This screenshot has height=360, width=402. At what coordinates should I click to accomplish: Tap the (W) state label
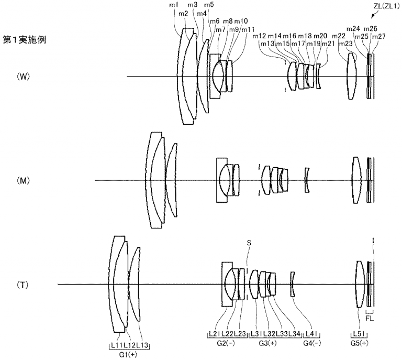click(24, 77)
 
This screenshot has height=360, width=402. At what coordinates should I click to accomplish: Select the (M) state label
click(24, 181)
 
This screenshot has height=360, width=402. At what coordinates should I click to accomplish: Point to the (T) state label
click(23, 285)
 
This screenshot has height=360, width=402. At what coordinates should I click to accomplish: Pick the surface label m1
click(173, 5)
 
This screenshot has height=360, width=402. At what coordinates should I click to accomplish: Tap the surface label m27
click(378, 36)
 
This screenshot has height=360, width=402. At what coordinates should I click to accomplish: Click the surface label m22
click(339, 36)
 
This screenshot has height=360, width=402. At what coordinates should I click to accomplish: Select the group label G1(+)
click(129, 354)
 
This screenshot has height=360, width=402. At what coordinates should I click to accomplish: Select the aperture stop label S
click(249, 243)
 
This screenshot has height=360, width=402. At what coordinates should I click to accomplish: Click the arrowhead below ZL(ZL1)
click(371, 16)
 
